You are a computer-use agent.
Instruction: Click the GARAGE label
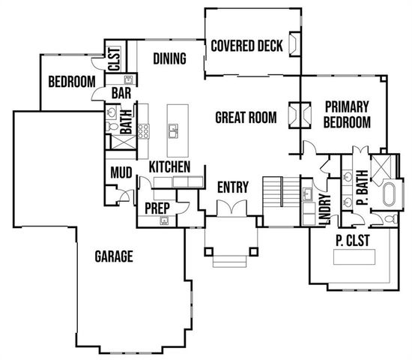pos(114,256)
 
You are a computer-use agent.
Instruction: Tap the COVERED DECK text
pos(246,46)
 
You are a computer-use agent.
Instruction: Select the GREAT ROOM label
pos(246,117)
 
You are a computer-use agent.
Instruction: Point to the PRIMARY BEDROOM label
pos(346,115)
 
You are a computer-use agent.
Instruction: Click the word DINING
pos(169,58)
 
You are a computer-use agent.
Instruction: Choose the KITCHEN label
pos(169,166)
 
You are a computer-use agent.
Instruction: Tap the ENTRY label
pos(231,186)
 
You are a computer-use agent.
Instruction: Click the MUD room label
pos(121,173)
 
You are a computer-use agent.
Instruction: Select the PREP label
pos(156,206)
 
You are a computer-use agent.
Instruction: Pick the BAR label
pos(122,93)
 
